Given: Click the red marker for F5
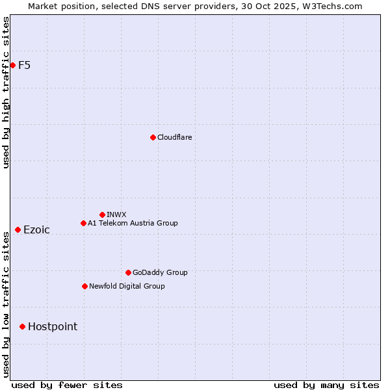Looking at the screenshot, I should [x=12, y=65].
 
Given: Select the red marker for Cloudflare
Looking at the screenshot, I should [x=153, y=137].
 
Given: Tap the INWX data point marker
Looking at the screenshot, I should [x=102, y=214].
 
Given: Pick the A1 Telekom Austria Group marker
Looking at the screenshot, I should [x=83, y=223].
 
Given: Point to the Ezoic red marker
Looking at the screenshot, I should [x=18, y=229].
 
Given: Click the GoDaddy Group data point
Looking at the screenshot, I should [x=128, y=272].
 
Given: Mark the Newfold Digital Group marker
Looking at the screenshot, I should [x=84, y=286].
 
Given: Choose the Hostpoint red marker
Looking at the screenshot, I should [x=22, y=326].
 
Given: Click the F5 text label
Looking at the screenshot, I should [x=25, y=65].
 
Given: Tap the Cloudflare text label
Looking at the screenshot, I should [x=174, y=137].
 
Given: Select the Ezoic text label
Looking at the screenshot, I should [x=36, y=229].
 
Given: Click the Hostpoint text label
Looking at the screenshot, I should [x=53, y=326].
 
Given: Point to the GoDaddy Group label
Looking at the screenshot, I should [x=160, y=272].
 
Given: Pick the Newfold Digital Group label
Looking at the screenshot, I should [x=127, y=286].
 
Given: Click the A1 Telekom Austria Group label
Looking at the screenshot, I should [x=133, y=223].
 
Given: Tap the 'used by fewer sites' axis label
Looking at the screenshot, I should [x=67, y=385].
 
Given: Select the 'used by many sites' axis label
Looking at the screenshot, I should [x=326, y=385].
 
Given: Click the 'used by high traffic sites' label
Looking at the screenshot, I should [x=6, y=92].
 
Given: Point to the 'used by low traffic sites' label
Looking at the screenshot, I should [x=6, y=304].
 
